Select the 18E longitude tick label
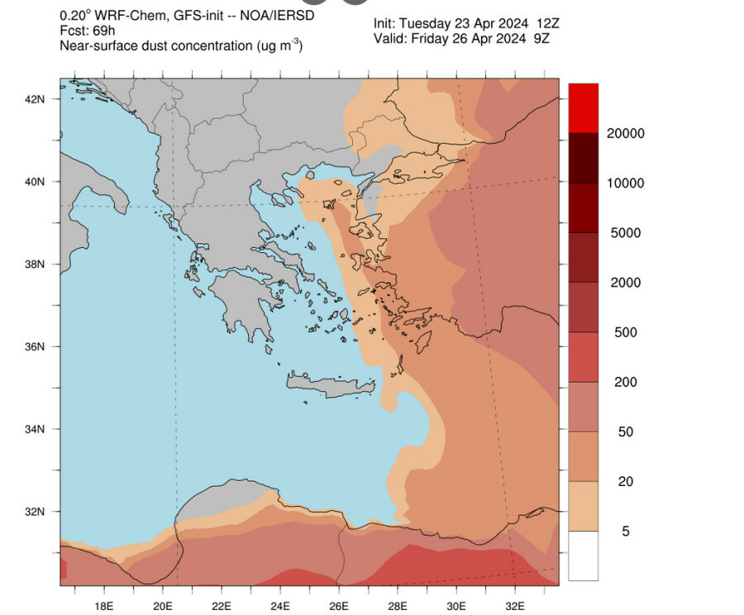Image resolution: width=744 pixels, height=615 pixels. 103,604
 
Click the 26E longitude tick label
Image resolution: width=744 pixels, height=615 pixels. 339,604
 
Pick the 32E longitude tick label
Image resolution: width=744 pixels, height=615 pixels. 515,604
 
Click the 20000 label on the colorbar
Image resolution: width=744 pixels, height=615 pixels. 627,134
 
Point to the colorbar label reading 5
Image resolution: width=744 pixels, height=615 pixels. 625,531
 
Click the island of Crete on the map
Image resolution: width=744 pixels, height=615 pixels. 331,385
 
